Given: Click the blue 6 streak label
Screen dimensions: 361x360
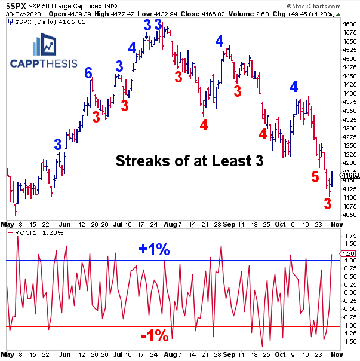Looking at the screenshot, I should pos(88,73).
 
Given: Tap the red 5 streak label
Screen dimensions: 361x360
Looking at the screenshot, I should pos(315,176).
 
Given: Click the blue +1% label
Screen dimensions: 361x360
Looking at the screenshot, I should pos(155,250).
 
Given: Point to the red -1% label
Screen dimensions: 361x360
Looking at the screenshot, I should pos(155,336).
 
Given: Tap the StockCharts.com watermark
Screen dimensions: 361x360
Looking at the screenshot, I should pos(330,5).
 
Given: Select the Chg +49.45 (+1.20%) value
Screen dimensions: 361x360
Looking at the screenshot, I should pos(315,13).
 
